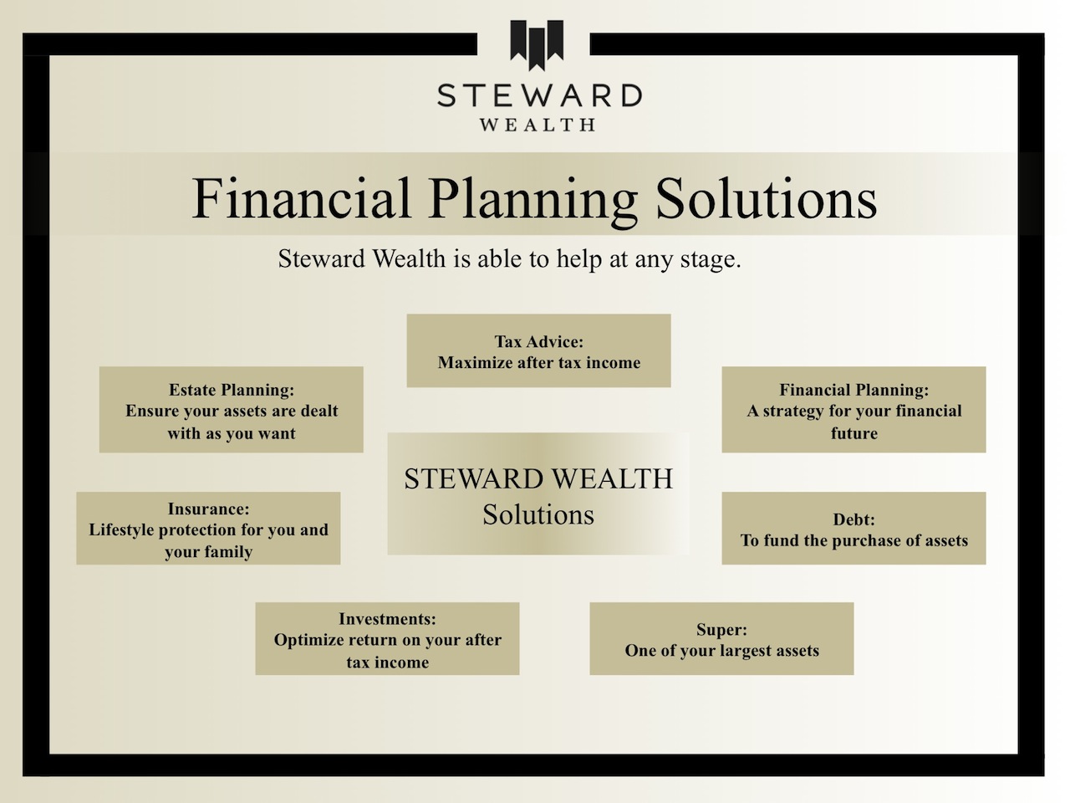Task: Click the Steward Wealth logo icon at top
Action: click(x=537, y=44)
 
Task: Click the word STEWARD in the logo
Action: click(x=539, y=95)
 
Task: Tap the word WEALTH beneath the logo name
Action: click(x=538, y=125)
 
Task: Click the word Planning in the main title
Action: click(x=533, y=199)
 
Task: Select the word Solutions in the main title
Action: click(x=766, y=199)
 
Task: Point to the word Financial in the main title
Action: click(x=302, y=199)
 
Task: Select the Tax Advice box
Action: click(x=538, y=351)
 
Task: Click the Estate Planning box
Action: click(x=231, y=410)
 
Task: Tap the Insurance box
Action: click(x=208, y=529)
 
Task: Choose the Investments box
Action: click(x=387, y=639)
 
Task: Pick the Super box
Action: click(x=721, y=639)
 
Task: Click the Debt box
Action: click(x=853, y=529)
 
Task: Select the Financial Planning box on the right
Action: click(x=853, y=410)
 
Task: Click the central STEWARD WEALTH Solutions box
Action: click(x=538, y=495)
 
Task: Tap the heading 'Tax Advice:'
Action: click(x=538, y=341)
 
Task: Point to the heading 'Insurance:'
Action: click(x=208, y=509)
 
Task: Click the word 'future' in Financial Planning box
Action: click(x=853, y=433)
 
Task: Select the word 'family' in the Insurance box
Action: click(x=228, y=552)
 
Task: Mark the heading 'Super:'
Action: click(x=721, y=629)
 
